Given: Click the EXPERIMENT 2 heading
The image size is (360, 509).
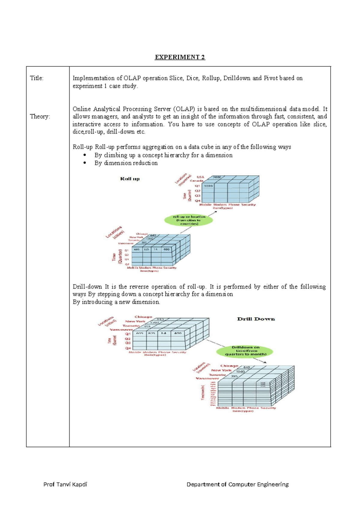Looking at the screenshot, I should pyautogui.click(x=180, y=57).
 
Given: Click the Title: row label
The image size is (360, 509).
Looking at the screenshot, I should pyautogui.click(x=37, y=78).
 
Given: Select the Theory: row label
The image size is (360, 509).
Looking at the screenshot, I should pyautogui.click(x=40, y=116).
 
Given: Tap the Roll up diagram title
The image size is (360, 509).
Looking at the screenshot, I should pyautogui.click(x=130, y=179).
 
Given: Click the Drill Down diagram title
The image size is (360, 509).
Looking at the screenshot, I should pyautogui.click(x=256, y=319).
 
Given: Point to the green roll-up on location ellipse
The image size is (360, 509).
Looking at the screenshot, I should pyautogui.click(x=189, y=220).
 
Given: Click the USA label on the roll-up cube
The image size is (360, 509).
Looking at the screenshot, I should pyautogui.click(x=200, y=177).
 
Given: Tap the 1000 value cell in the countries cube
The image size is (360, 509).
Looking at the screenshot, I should pyautogui.click(x=208, y=186).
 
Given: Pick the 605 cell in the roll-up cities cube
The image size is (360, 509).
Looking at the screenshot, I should pyautogui.click(x=137, y=249).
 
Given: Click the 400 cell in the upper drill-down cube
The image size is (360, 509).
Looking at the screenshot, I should pyautogui.click(x=178, y=333).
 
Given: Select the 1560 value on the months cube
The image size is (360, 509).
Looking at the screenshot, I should pyautogui.click(x=240, y=372).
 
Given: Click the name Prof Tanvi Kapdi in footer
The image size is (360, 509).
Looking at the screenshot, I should pyautogui.click(x=65, y=484).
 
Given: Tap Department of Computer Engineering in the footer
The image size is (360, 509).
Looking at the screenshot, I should pyautogui.click(x=237, y=484).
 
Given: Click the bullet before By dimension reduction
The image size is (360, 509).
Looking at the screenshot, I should pyautogui.click(x=85, y=163).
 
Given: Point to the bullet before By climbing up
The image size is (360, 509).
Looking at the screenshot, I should pyautogui.click(x=85, y=155).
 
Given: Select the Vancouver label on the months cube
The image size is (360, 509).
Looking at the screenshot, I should pyautogui.click(x=207, y=378).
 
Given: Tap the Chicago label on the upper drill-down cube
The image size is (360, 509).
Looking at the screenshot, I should pyautogui.click(x=143, y=317).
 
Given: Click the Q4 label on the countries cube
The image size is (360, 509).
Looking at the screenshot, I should pyautogui.click(x=197, y=200).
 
